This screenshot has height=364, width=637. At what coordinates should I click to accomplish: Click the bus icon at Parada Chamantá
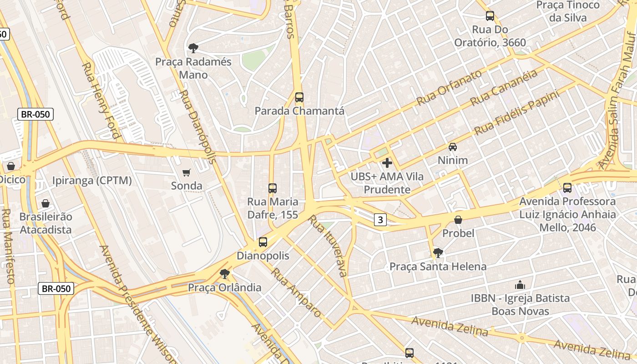coord(299,97)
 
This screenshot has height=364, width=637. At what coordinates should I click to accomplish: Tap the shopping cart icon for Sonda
coord(186,172)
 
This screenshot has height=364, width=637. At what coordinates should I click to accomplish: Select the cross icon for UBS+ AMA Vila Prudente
coord(387,162)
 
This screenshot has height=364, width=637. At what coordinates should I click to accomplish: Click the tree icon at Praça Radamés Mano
coord(193,48)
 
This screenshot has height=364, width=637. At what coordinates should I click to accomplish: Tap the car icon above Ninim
coord(453,147)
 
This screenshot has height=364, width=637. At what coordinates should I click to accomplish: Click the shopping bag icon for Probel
coord(458,220)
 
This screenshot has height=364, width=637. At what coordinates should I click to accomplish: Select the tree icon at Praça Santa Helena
coord(438,253)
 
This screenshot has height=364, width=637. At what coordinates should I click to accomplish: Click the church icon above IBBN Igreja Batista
coord(520,285)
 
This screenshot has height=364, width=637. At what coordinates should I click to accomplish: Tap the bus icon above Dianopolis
coord(263,242)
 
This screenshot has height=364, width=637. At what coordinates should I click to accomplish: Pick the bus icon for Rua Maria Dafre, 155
coord(273,188)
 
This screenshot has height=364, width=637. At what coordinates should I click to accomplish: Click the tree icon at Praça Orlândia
coord(224,274)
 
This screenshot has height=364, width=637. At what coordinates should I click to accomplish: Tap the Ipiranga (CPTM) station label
coord(92,181)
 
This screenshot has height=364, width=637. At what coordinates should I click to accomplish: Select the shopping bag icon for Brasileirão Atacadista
coord(45,203)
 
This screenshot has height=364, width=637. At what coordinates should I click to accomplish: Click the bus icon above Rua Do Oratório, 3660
coord(490,16)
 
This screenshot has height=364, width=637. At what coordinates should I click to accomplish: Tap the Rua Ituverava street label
coord(328,246)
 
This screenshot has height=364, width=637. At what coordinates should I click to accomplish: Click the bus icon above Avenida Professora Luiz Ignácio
coord(567,187)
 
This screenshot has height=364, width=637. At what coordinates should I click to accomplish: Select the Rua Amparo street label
coord(296,293)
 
